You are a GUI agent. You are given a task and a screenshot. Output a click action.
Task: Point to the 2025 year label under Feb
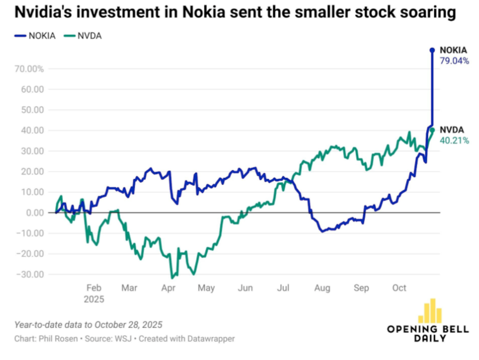tap(93, 299)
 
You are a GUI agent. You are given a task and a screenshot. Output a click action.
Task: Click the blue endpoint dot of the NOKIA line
tap(432, 50)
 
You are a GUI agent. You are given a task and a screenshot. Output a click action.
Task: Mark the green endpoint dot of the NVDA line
tap(432, 130)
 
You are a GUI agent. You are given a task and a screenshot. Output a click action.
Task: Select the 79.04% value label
tap(454, 60)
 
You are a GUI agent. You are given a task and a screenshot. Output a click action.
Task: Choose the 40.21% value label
tap(454, 141)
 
